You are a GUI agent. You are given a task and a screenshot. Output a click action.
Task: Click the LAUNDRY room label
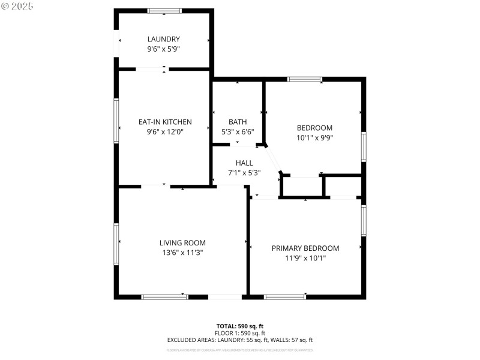click(x=164, y=39)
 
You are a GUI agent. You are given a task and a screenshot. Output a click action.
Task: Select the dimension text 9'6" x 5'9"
click(x=164, y=49)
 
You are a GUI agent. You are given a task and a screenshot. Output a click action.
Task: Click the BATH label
click(x=238, y=122)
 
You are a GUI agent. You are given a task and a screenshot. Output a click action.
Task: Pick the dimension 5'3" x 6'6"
click(x=238, y=131)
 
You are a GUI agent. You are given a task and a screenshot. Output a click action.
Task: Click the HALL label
click(x=244, y=163)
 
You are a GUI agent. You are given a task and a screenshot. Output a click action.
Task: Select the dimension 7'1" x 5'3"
click(x=244, y=172)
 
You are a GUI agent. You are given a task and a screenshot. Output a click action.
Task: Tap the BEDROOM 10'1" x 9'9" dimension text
click(x=314, y=137)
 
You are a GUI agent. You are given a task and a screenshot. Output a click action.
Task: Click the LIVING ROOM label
click(x=182, y=243)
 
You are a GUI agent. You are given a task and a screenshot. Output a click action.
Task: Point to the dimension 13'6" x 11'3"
click(x=182, y=253)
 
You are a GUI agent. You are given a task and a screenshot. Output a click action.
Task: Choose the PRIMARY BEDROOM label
click(x=305, y=248)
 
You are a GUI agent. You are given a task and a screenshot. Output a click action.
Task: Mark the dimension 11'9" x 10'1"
click(x=305, y=258)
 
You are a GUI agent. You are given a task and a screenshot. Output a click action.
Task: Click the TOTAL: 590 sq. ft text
click(x=240, y=326)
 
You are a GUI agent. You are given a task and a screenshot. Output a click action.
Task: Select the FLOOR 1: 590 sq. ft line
click(x=240, y=333)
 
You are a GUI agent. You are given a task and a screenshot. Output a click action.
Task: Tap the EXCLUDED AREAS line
click(x=240, y=340)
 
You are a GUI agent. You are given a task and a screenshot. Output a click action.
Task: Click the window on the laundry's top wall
click(x=165, y=11)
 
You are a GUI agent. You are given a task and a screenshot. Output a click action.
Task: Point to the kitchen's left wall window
click(x=117, y=121)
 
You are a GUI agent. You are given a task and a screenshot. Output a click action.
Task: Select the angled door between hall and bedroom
click(x=273, y=159)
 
